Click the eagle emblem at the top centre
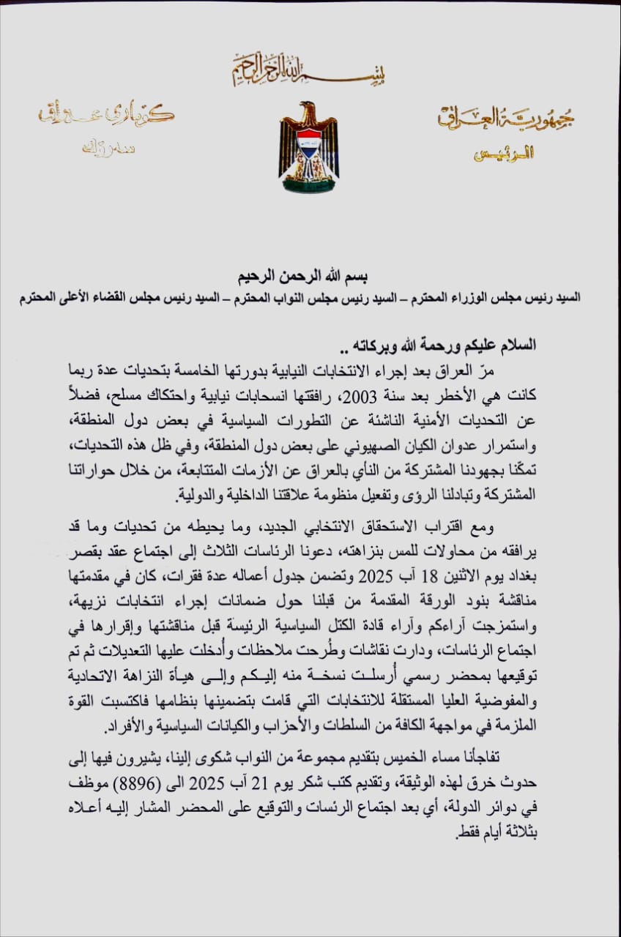(308, 147)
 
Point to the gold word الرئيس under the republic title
(505, 154)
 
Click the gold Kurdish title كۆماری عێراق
(107, 116)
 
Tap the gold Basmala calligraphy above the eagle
(308, 70)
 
